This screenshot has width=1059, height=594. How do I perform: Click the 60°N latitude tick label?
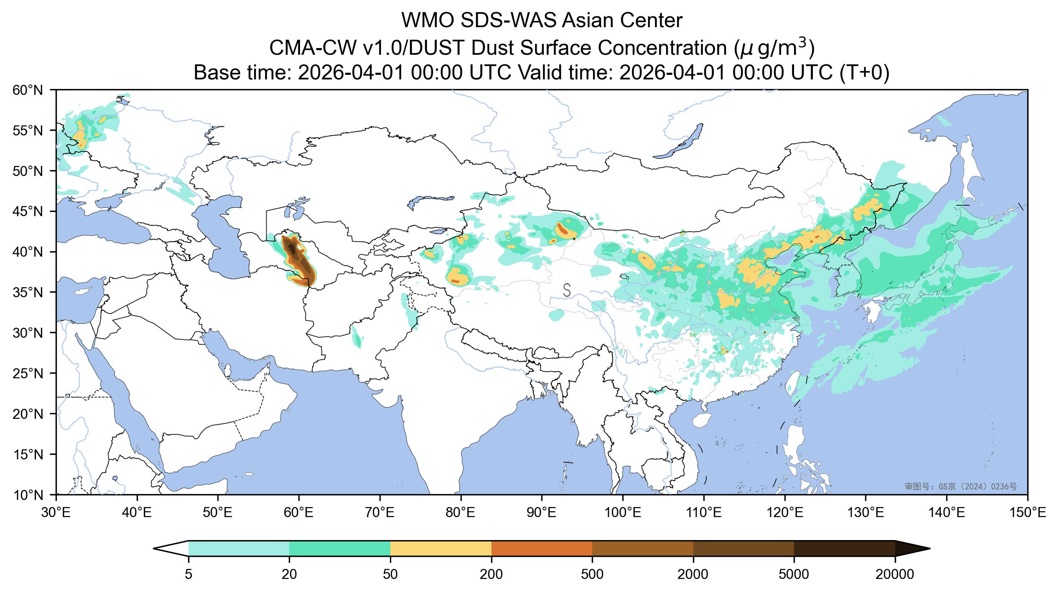point(32,90)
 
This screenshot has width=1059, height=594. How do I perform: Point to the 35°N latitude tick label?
point(32,292)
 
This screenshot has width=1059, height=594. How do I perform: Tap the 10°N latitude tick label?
point(32,495)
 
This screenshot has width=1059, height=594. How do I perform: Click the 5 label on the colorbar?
point(188,575)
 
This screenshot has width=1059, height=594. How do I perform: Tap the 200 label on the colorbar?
point(491,575)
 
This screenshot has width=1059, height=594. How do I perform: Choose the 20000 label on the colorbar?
point(895,575)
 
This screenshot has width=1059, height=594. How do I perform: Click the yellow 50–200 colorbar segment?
point(441,549)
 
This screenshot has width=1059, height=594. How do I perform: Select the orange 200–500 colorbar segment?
point(542,549)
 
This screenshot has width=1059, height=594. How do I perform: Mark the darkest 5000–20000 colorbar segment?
point(844,549)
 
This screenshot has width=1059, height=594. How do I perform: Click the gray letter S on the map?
point(567,290)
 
